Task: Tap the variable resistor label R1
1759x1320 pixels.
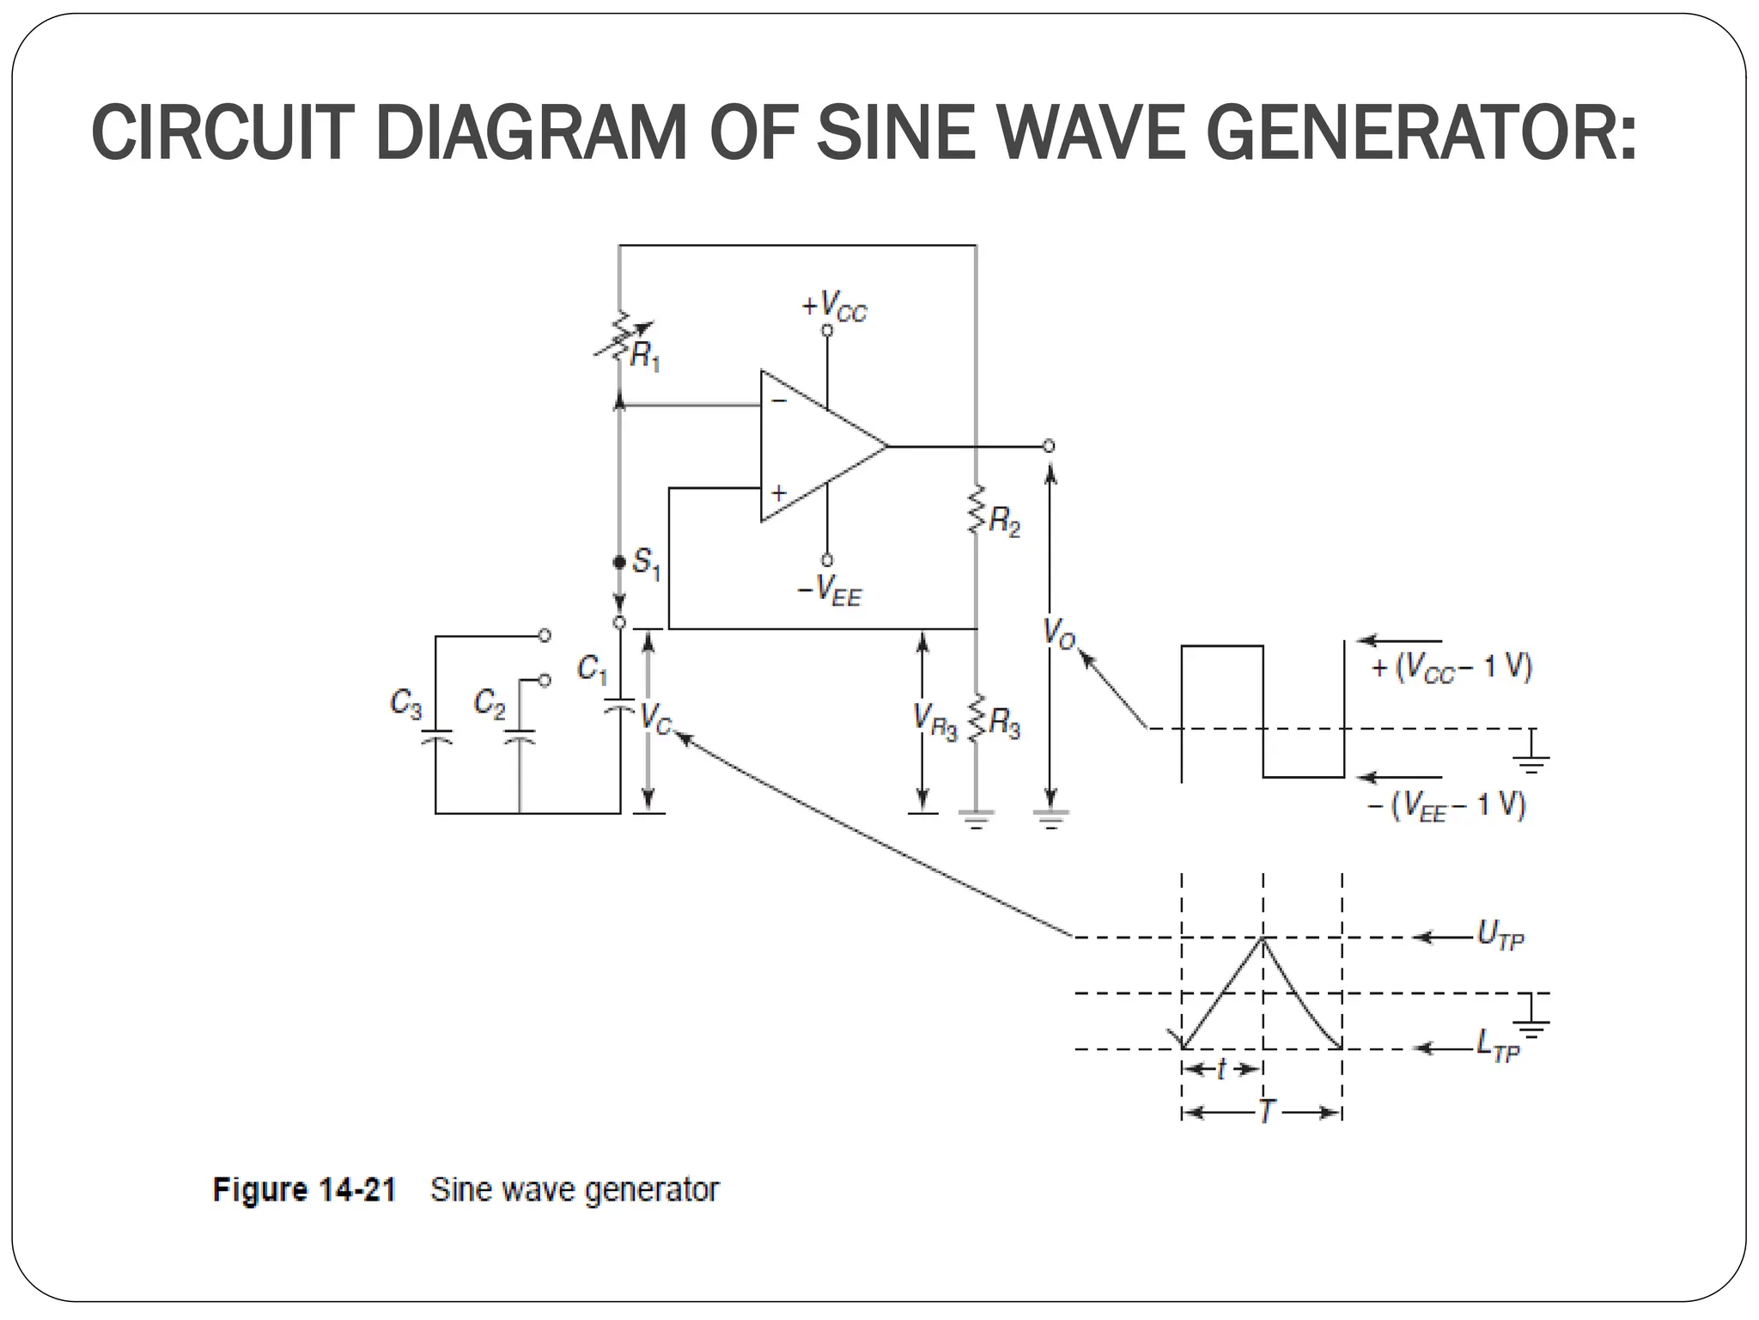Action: (x=644, y=356)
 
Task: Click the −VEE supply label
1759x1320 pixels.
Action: (x=829, y=590)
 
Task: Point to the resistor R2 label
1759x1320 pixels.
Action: (x=1004, y=521)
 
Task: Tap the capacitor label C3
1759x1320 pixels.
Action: (x=405, y=704)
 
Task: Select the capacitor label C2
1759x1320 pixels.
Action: (x=490, y=704)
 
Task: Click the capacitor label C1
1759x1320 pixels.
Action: (x=592, y=668)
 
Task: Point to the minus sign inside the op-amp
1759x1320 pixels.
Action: (x=778, y=400)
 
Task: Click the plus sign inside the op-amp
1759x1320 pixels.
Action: (x=778, y=493)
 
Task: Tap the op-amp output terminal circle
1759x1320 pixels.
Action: (x=1048, y=446)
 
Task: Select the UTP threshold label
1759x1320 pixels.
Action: (x=1500, y=935)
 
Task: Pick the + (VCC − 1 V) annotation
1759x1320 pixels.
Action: (x=1452, y=668)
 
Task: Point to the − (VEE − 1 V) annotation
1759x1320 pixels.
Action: (x=1446, y=806)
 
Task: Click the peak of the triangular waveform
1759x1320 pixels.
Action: (x=1263, y=938)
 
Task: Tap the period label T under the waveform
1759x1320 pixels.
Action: (x=1266, y=1112)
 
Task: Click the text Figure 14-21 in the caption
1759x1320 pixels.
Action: (x=304, y=1190)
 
